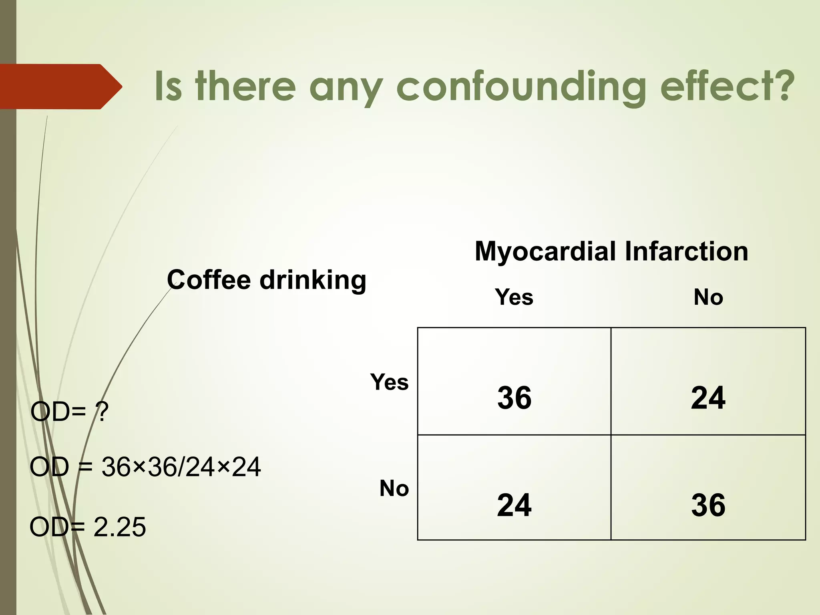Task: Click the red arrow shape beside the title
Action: pos(60,86)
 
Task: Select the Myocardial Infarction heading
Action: pos(611,251)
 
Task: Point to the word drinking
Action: pos(313,280)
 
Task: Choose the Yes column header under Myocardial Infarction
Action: pos(514,297)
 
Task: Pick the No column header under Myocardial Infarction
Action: pos(708,297)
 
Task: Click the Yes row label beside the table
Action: pos(389,382)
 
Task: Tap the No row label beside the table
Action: pos(394,488)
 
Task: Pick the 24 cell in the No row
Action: pos(514,505)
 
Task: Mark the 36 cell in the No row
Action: pos(708,505)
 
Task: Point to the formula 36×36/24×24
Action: pos(181,467)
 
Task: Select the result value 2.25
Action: pos(120,527)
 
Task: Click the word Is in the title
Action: pos(168,86)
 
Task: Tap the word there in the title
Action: pos(245,86)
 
